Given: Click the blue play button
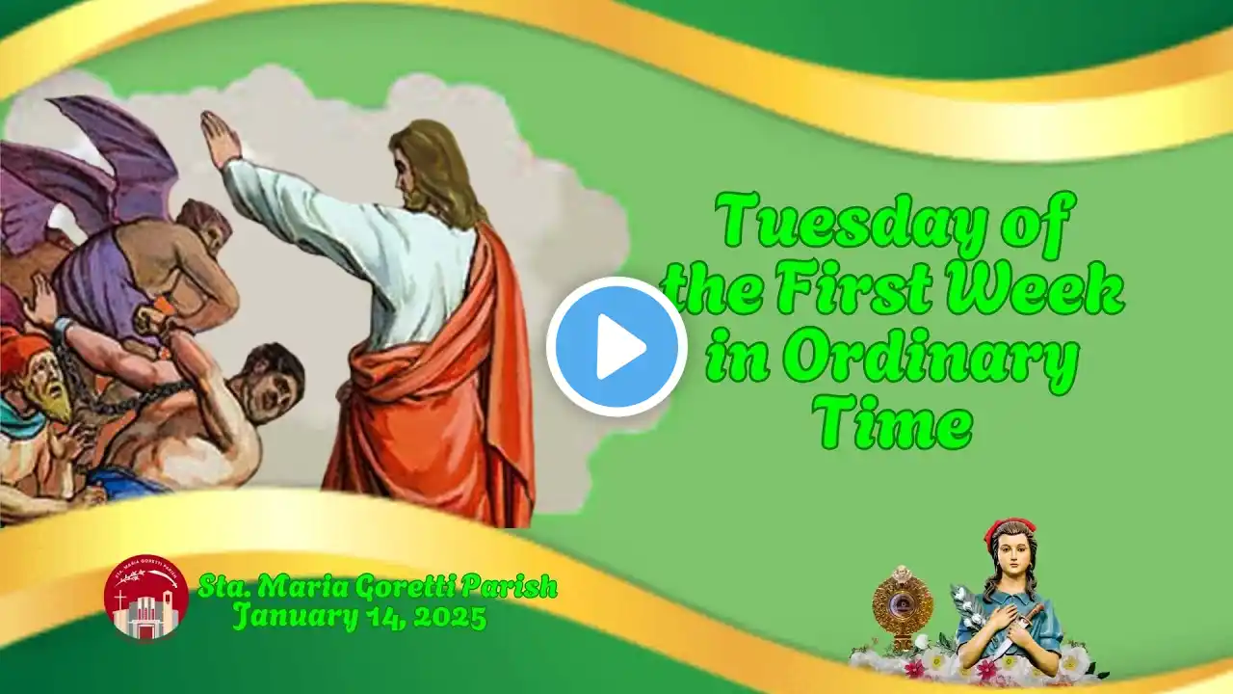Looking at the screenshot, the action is click(616, 347).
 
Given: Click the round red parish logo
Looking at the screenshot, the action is click(146, 598).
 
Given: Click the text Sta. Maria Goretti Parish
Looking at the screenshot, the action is click(378, 587).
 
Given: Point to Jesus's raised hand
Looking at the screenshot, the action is click(221, 135).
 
